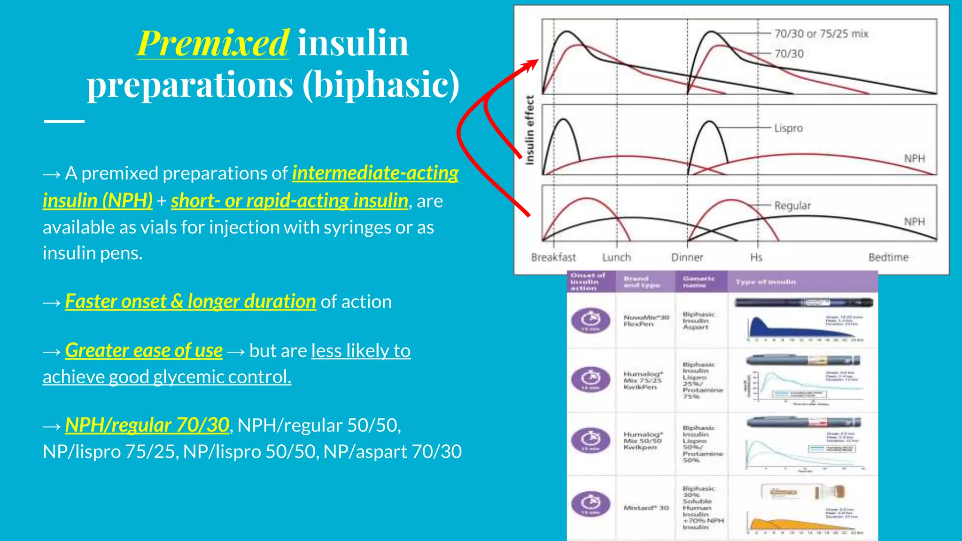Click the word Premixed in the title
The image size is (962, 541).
click(213, 43)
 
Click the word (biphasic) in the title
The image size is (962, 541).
click(381, 85)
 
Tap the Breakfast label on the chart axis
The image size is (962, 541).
click(553, 257)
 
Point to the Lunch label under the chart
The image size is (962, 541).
click(616, 257)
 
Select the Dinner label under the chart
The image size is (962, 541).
click(687, 257)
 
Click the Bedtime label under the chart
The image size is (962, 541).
click(888, 257)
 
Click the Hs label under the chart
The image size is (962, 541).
click(756, 257)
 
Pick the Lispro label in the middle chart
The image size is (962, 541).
click(789, 128)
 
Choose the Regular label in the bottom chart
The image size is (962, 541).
click(792, 206)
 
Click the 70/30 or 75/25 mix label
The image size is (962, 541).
click(821, 34)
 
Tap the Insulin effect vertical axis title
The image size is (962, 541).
click(530, 130)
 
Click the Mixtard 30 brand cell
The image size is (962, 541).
click(646, 508)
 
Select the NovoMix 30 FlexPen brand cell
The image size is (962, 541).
click(646, 321)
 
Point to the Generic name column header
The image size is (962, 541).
click(699, 282)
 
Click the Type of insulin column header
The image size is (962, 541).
click(766, 282)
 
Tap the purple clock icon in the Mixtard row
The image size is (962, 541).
click(590, 504)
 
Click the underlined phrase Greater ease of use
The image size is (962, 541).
click(144, 350)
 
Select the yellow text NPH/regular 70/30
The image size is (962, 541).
click(147, 425)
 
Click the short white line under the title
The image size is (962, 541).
click(64, 121)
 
